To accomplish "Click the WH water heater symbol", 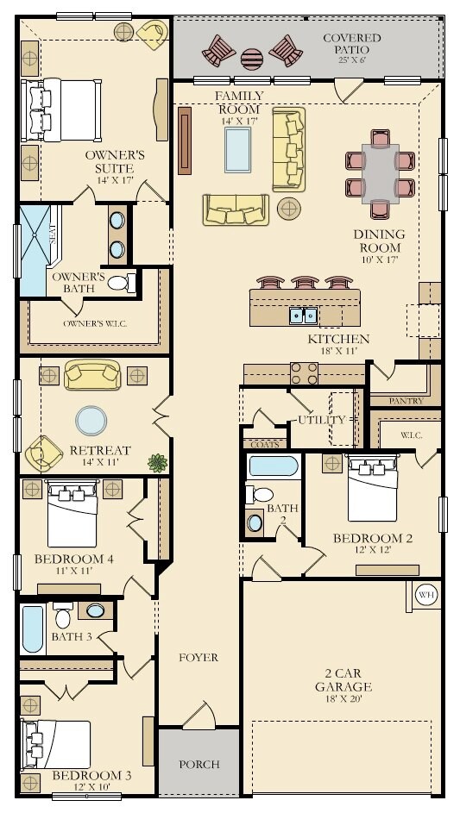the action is tap(426, 594).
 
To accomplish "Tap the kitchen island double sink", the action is tap(303, 316).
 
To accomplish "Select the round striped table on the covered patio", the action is tap(252, 59).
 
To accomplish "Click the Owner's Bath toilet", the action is tap(122, 283).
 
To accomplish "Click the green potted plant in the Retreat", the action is tap(158, 462).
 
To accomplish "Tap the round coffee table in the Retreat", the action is tap(91, 421).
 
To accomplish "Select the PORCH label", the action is tap(199, 764).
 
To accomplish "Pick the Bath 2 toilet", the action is tap(259, 494).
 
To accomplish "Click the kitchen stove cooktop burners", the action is tap(305, 373).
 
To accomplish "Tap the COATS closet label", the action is tap(265, 444).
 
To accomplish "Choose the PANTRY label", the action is tap(406, 401).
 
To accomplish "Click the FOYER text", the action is tap(198, 658).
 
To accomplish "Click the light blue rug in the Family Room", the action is tap(238, 150).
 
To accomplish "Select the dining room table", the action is tap(381, 173).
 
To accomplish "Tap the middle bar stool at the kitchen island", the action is tap(305, 282).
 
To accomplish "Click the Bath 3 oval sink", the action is tap(96, 610).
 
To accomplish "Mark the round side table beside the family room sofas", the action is tap(289, 208).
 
